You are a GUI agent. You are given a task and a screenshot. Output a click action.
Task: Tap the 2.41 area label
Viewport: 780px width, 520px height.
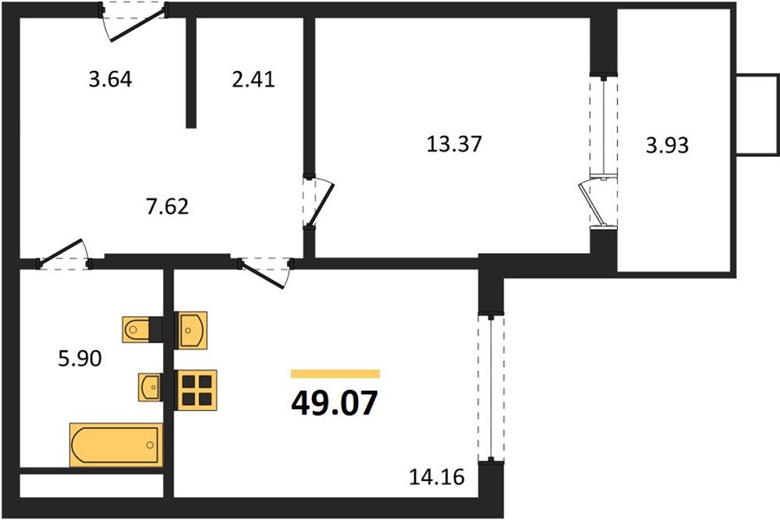click(x=253, y=81)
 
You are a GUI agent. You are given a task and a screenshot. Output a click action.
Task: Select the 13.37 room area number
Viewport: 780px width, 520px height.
click(x=453, y=145)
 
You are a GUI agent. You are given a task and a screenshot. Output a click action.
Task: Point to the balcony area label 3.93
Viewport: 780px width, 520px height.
click(x=668, y=145)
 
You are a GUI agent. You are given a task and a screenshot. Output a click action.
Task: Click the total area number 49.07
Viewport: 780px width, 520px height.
click(x=335, y=404)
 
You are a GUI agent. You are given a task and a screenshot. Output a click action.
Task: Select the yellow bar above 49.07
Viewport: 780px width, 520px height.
click(x=335, y=374)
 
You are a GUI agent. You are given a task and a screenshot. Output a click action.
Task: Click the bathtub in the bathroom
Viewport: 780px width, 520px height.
click(x=115, y=445)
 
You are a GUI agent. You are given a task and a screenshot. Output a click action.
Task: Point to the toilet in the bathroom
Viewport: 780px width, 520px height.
click(x=142, y=329)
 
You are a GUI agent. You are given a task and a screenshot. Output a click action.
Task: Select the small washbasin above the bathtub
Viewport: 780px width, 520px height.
click(x=150, y=386)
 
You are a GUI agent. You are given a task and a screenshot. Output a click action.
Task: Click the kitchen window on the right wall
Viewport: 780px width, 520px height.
click(x=491, y=387)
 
